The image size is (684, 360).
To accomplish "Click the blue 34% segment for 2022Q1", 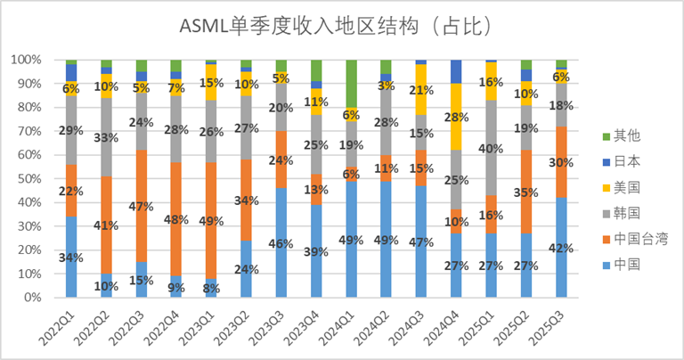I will tap(71, 257).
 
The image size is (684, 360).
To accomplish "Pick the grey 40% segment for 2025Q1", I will tap(492, 148).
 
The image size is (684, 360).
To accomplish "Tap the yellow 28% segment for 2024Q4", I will tap(456, 117).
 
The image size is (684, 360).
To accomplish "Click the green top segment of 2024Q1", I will tap(351, 83).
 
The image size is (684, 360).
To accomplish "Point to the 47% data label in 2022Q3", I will tap(142, 206).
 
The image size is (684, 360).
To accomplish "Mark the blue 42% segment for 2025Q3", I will tap(561, 247).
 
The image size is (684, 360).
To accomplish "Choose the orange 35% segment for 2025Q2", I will tap(526, 192).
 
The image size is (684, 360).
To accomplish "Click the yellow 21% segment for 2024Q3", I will tap(421, 90).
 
